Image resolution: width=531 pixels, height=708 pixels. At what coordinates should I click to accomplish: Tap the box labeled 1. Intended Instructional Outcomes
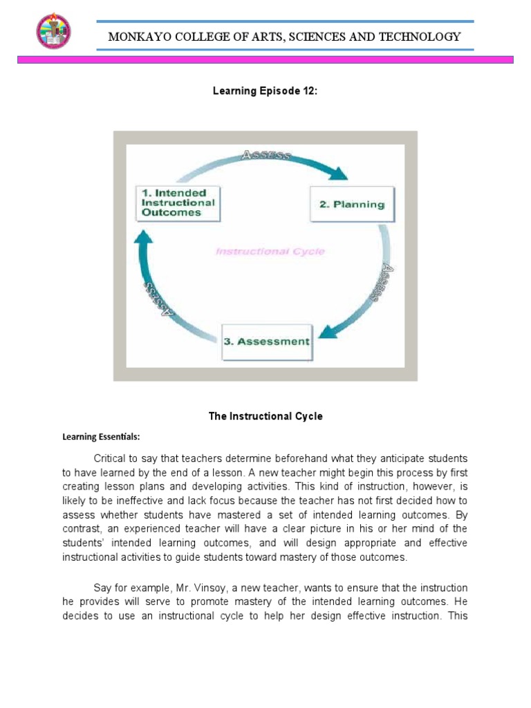pos(178,203)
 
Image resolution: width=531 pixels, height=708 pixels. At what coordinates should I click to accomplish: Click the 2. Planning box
pos(351,204)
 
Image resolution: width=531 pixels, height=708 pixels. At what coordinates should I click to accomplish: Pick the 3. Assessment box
pos(266,342)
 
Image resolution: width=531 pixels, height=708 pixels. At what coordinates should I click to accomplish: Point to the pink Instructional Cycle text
pos(270,252)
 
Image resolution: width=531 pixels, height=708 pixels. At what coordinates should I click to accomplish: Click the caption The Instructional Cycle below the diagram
pos(265,416)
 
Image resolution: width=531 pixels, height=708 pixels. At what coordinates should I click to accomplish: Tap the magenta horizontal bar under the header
pos(265,60)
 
